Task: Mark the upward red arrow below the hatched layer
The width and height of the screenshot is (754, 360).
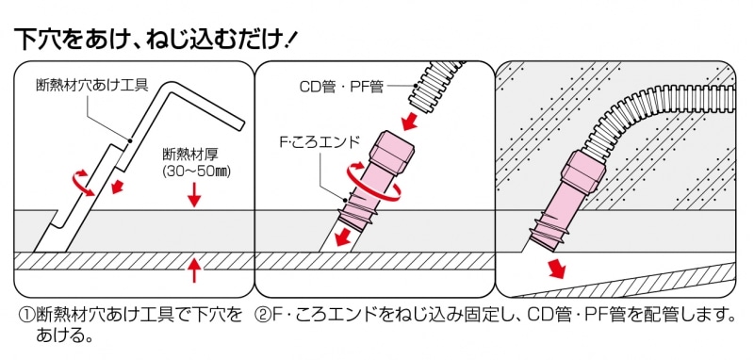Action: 194,270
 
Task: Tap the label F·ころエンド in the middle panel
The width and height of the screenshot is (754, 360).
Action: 319,143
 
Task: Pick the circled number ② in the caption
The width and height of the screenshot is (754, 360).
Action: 264,315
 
